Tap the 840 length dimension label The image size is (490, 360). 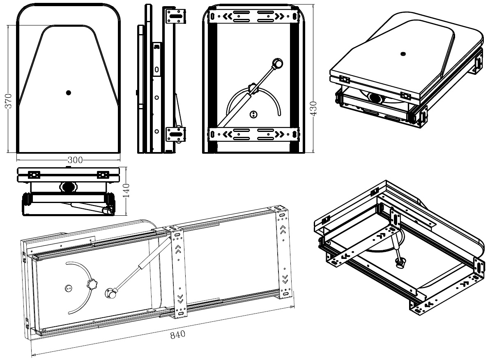pyautogui.click(x=178, y=334)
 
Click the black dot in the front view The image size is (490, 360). pyautogui.click(x=69, y=93)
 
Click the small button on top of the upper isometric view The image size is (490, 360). pyautogui.click(x=402, y=53)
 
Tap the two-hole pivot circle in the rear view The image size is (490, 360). pyautogui.click(x=254, y=113)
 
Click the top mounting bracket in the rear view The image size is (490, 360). pyautogui.click(x=253, y=17)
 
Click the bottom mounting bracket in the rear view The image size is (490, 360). pyautogui.click(x=253, y=134)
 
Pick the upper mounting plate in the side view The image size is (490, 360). pyautogui.click(x=176, y=17)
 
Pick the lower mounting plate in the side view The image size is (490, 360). pyautogui.click(x=176, y=134)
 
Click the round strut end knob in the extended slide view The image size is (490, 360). pyautogui.click(x=111, y=293)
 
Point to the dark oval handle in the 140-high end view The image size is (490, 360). pyautogui.click(x=68, y=187)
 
